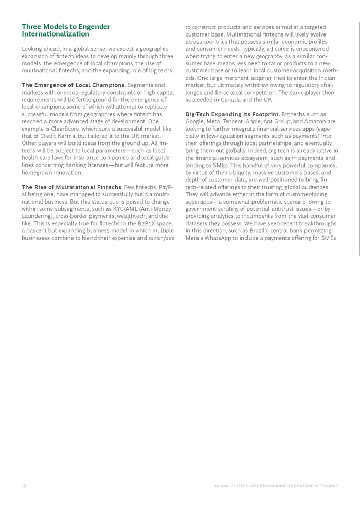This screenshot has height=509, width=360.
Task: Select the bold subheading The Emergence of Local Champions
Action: pyautogui.click(x=74, y=85)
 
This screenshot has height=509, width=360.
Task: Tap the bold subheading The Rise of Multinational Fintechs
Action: pyautogui.click(x=72, y=187)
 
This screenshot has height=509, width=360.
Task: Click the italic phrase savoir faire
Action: pyautogui.click(x=161, y=238)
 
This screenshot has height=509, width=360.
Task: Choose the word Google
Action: pyautogui.click(x=195, y=121)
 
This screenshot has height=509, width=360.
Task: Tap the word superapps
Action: pyautogui.click(x=199, y=202)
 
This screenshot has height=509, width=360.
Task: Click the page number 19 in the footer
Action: pyautogui.click(x=24, y=486)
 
